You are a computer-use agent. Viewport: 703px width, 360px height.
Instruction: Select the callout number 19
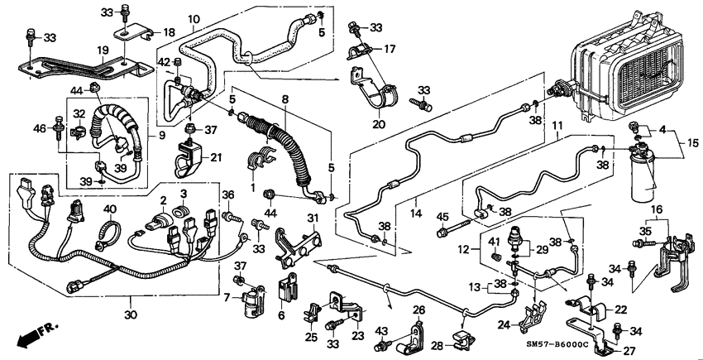click(104, 50)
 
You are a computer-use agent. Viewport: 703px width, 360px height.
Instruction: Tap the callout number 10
click(193, 19)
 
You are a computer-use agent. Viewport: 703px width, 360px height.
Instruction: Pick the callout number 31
click(313, 218)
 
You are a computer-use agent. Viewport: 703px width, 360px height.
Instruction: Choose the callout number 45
click(441, 218)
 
